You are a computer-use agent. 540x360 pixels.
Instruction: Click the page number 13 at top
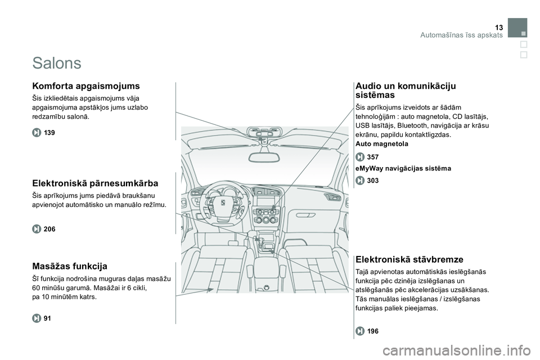pyautogui.click(x=499, y=28)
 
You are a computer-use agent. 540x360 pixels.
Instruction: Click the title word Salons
pyautogui.click(x=57, y=62)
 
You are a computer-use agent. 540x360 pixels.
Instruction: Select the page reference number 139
pyautogui.click(x=49, y=132)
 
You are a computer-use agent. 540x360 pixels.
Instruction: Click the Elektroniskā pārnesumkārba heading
pyautogui.click(x=95, y=183)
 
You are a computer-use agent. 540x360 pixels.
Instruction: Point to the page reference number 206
pyautogui.click(x=49, y=228)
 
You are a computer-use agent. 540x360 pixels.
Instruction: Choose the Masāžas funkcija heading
pyautogui.click(x=70, y=265)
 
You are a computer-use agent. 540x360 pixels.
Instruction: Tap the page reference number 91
pyautogui.click(x=47, y=318)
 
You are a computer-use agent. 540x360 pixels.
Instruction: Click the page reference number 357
pyautogui.click(x=372, y=156)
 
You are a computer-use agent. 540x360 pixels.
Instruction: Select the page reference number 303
pyautogui.click(x=372, y=181)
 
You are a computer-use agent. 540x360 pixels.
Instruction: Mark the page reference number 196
pyautogui.click(x=372, y=331)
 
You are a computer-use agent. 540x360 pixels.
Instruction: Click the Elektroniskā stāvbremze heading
pyautogui.click(x=409, y=259)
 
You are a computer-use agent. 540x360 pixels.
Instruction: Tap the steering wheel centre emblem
pyautogui.click(x=222, y=202)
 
